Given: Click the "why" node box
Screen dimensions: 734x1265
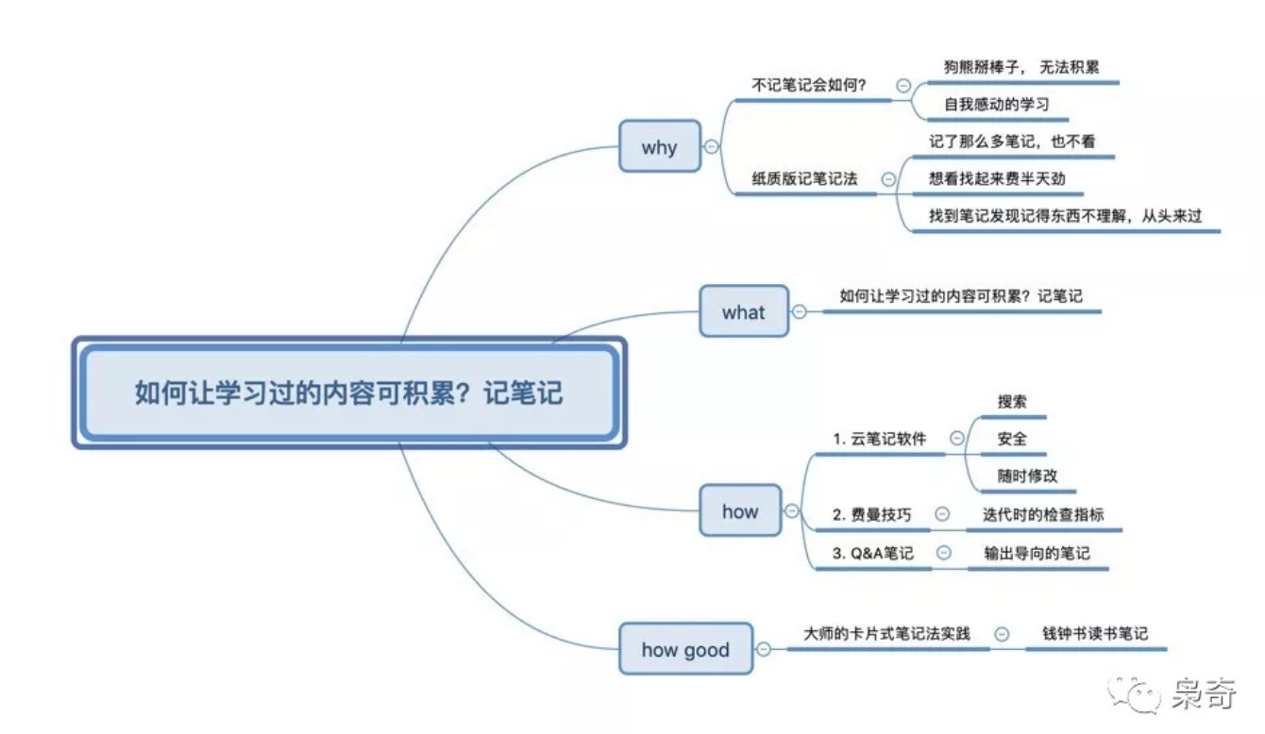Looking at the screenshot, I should (660, 146).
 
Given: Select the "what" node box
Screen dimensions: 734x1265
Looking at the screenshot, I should (743, 311).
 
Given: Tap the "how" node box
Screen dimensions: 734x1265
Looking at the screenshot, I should (740, 511).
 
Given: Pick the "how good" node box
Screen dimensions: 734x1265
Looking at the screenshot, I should (685, 649).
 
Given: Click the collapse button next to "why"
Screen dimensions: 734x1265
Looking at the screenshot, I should (711, 146).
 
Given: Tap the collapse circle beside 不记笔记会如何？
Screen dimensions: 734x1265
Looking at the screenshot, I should (903, 85).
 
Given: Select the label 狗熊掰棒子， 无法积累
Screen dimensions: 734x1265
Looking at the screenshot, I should (1021, 67).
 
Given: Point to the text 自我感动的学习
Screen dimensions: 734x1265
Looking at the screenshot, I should (997, 105).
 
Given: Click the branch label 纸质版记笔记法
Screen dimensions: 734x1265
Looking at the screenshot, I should (804, 178).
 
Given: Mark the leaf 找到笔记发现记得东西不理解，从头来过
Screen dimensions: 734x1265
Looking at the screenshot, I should (1065, 216).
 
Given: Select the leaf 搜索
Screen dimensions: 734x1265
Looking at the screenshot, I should (1012, 401).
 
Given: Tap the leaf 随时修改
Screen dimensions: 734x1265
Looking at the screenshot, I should (1027, 475).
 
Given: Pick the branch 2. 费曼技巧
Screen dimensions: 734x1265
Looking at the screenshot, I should (872, 514).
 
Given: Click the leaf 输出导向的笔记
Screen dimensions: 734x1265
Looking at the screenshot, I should (1036, 553).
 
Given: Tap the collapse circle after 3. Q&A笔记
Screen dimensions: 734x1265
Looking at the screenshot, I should (943, 553).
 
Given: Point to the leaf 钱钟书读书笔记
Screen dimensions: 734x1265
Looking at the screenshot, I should (1095, 633).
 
